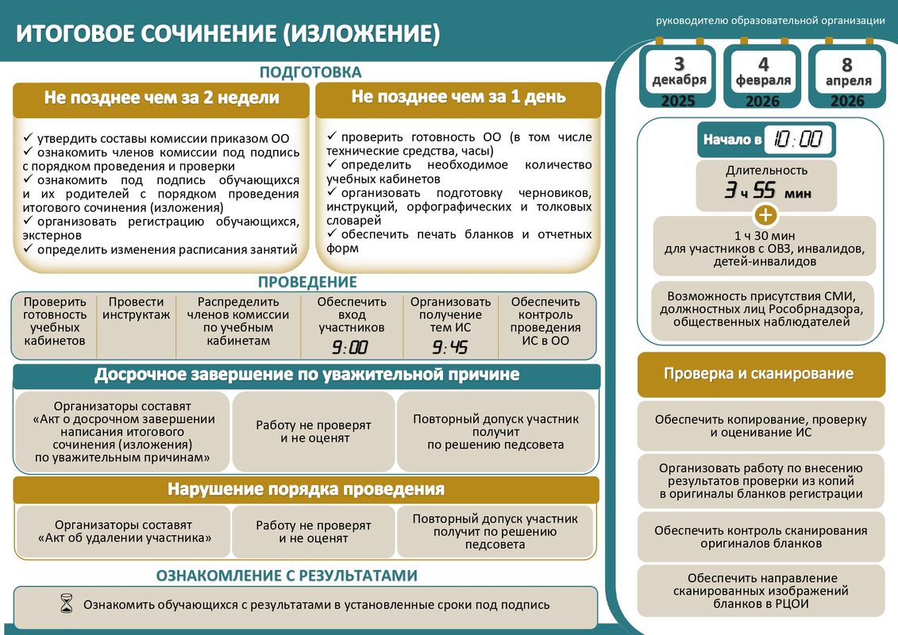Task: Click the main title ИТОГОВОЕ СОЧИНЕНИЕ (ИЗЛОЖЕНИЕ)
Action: click(x=229, y=34)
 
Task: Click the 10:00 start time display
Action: click(x=798, y=140)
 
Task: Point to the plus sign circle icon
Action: click(x=765, y=215)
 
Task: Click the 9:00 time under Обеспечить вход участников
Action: click(x=350, y=347)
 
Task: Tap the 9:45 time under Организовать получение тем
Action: click(x=450, y=347)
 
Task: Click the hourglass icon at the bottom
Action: click(x=67, y=604)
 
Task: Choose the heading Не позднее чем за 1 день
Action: click(x=458, y=97)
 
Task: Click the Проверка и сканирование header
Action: click(x=761, y=374)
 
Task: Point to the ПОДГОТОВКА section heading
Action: click(x=310, y=72)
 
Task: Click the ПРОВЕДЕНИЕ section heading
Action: click(x=307, y=282)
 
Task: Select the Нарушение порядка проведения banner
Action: click(x=306, y=489)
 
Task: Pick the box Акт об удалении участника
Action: click(x=125, y=531)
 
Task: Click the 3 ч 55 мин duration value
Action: click(x=766, y=191)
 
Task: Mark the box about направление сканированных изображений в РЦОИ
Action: click(x=761, y=591)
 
